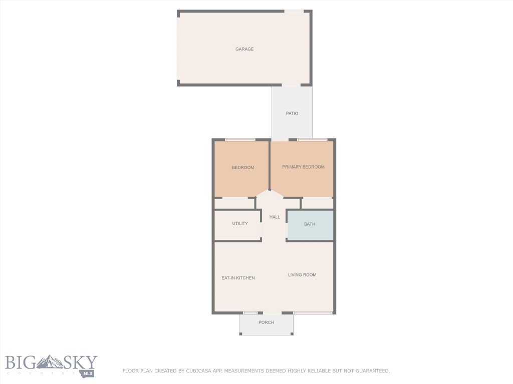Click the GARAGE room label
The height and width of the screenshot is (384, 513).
pyautogui.click(x=244, y=49)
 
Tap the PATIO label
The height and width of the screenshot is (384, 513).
pyautogui.click(x=292, y=113)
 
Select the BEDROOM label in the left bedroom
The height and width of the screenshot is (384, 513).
pyautogui.click(x=243, y=167)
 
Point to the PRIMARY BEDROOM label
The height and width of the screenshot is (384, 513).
pyautogui.click(x=303, y=167)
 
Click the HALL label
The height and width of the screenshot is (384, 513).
pyautogui.click(x=275, y=217)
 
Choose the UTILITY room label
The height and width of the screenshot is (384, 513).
pyautogui.click(x=240, y=223)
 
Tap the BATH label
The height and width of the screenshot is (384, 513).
pyautogui.click(x=310, y=224)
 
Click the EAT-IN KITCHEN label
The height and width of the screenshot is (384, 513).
pyautogui.click(x=238, y=278)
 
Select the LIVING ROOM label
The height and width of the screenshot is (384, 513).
pyautogui.click(x=302, y=274)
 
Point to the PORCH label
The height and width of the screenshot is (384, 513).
pyautogui.click(x=266, y=322)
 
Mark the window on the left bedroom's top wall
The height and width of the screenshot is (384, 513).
pyautogui.click(x=240, y=139)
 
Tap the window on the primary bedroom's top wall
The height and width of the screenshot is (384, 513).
pyautogui.click(x=312, y=139)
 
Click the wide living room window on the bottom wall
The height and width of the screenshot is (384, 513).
pyautogui.click(x=313, y=313)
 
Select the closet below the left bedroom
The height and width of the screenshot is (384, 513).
pyautogui.click(x=234, y=203)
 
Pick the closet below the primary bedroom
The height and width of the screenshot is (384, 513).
pyautogui.click(x=317, y=203)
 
